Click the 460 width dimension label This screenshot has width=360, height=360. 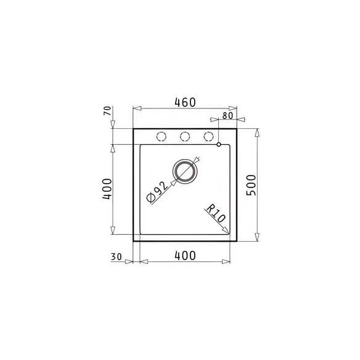point(185,102)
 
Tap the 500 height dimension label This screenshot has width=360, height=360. point(251,185)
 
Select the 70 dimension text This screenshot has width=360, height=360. point(107,111)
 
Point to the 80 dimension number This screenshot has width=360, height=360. point(227,115)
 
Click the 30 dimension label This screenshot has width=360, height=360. point(116,256)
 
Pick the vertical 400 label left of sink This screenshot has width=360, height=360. point(107,189)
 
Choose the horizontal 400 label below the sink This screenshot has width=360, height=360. point(185,256)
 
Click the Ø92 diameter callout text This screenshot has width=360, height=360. point(158,192)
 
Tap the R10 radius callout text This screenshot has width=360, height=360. point(216,213)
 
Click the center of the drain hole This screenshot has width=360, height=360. point(185,172)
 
